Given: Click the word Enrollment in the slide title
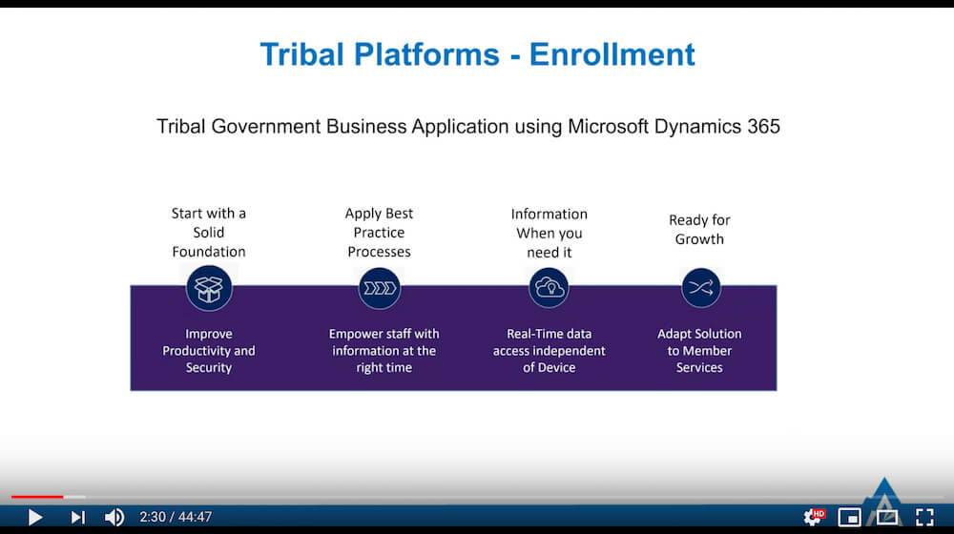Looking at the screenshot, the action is [x=612, y=54].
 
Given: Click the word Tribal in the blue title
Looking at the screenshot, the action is [x=302, y=54].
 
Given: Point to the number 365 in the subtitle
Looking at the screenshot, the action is [x=763, y=127].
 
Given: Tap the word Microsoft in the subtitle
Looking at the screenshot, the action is [x=608, y=127].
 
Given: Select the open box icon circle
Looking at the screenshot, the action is [x=209, y=288].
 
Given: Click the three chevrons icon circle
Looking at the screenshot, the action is [x=379, y=288].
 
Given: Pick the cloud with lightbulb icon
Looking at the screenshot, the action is [x=549, y=288].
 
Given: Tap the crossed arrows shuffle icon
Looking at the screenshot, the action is [x=701, y=288].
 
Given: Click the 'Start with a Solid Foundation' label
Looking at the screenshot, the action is [x=209, y=233].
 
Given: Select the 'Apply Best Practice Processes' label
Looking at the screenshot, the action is [x=379, y=233].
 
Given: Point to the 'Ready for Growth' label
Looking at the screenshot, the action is [x=699, y=229].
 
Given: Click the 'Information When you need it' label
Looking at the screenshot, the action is [x=550, y=233].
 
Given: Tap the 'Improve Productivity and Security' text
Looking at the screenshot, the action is [x=209, y=350].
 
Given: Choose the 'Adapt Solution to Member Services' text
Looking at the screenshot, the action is [x=699, y=350].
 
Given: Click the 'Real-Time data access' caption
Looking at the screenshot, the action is [x=550, y=350].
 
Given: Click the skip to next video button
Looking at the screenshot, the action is [x=77, y=518].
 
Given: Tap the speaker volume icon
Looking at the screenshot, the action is [x=114, y=518].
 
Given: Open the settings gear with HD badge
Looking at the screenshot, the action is [x=814, y=517].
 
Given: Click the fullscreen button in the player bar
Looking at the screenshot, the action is [x=924, y=517].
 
